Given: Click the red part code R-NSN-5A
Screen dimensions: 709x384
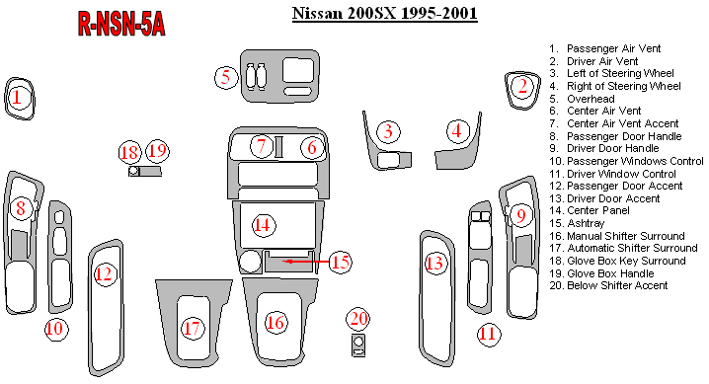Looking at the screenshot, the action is (x=121, y=24).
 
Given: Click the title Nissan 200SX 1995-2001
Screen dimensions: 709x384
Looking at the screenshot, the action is (x=385, y=13).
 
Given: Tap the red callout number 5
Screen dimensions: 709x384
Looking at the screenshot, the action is (x=226, y=77).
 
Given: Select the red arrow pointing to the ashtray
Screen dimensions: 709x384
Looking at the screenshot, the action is (x=306, y=262).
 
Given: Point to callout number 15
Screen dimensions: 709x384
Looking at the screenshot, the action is (x=341, y=262).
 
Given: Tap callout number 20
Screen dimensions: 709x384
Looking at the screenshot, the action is (x=359, y=319).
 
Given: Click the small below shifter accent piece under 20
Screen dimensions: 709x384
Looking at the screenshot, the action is (x=358, y=346).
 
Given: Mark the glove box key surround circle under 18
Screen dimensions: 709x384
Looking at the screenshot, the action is (x=133, y=171).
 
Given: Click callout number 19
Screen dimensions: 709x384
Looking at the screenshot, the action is (x=157, y=150).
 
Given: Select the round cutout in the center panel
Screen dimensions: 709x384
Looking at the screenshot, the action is (x=250, y=262).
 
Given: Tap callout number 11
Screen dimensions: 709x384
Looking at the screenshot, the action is (x=489, y=335).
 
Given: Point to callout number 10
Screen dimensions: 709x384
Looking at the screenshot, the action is (x=56, y=329).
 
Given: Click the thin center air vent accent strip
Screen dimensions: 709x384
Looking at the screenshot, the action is (x=278, y=147).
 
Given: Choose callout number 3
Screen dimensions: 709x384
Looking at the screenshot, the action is (x=388, y=131).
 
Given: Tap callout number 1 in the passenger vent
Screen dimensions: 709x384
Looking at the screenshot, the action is (x=17, y=98).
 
